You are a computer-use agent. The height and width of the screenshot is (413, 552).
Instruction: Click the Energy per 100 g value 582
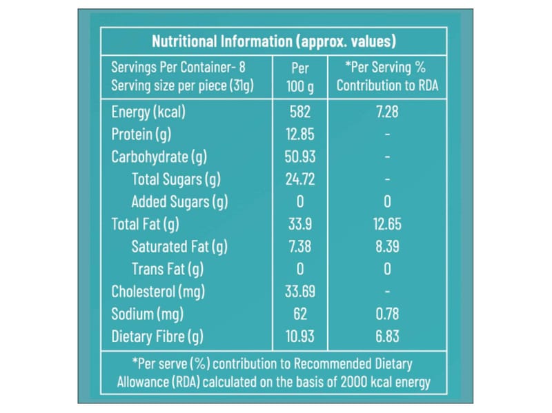point(301,112)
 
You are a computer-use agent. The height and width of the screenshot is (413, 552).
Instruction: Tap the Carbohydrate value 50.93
point(301,157)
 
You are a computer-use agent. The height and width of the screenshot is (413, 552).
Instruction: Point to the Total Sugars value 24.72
point(301,179)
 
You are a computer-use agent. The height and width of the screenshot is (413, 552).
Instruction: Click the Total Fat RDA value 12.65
point(387,224)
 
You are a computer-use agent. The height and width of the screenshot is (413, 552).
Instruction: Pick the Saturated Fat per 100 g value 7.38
point(301,247)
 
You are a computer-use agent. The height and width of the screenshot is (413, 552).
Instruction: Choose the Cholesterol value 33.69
point(301,292)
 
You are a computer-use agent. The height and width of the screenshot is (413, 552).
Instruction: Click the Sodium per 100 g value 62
point(301,314)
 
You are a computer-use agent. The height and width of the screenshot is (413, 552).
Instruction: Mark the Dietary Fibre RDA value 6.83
point(387,337)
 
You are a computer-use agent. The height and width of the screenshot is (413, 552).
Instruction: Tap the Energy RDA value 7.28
point(387,112)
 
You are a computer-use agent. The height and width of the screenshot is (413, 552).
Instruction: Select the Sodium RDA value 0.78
point(387,314)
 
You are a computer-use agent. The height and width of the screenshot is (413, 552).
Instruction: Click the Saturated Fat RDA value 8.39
point(387,247)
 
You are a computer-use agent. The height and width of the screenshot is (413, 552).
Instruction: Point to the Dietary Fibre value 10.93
point(301,337)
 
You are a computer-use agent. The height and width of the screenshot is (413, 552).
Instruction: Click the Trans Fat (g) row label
point(168,269)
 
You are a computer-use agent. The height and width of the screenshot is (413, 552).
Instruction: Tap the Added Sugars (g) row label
point(179,201)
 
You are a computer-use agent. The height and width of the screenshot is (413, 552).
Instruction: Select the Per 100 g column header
point(301,77)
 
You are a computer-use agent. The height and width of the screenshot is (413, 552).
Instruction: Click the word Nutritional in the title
point(183,41)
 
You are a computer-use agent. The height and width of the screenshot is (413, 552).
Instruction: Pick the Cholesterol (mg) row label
point(158,292)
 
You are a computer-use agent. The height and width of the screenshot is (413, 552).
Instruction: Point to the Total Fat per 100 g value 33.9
point(301,224)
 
